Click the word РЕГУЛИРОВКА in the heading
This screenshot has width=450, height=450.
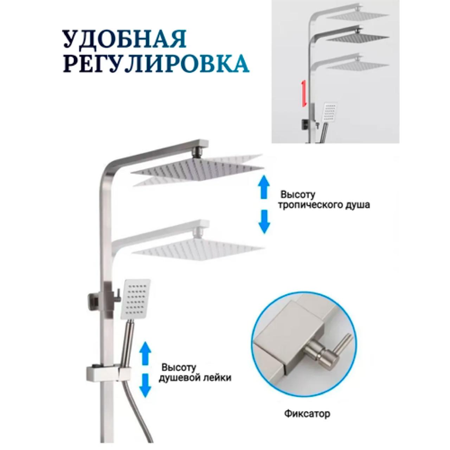pos(156,63)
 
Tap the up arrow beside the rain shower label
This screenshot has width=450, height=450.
pos(264,187)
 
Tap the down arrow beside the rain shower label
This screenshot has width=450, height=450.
pos(264,221)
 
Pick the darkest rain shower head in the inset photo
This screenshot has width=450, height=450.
pos(361,37)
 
